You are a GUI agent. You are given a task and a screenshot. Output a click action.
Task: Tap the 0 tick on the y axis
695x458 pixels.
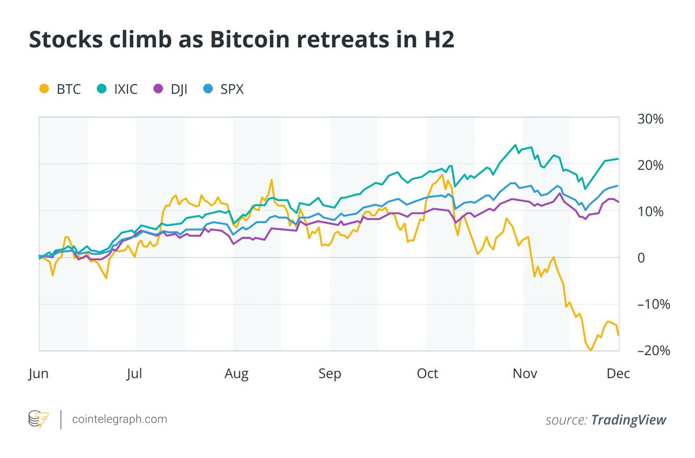(641, 258)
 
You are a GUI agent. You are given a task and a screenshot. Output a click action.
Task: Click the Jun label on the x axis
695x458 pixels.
(39, 374)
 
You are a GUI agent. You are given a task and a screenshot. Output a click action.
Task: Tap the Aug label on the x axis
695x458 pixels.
(236, 374)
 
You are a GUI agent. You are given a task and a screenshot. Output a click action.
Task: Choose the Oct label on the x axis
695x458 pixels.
(427, 374)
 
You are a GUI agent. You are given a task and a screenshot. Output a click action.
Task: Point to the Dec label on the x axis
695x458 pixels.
(618, 374)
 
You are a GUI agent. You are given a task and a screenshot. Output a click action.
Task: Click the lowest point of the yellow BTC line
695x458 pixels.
(591, 350)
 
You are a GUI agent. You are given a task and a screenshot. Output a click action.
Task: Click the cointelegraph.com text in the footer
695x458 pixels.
(119, 419)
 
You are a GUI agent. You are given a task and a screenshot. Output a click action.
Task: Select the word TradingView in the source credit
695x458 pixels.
(628, 420)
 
